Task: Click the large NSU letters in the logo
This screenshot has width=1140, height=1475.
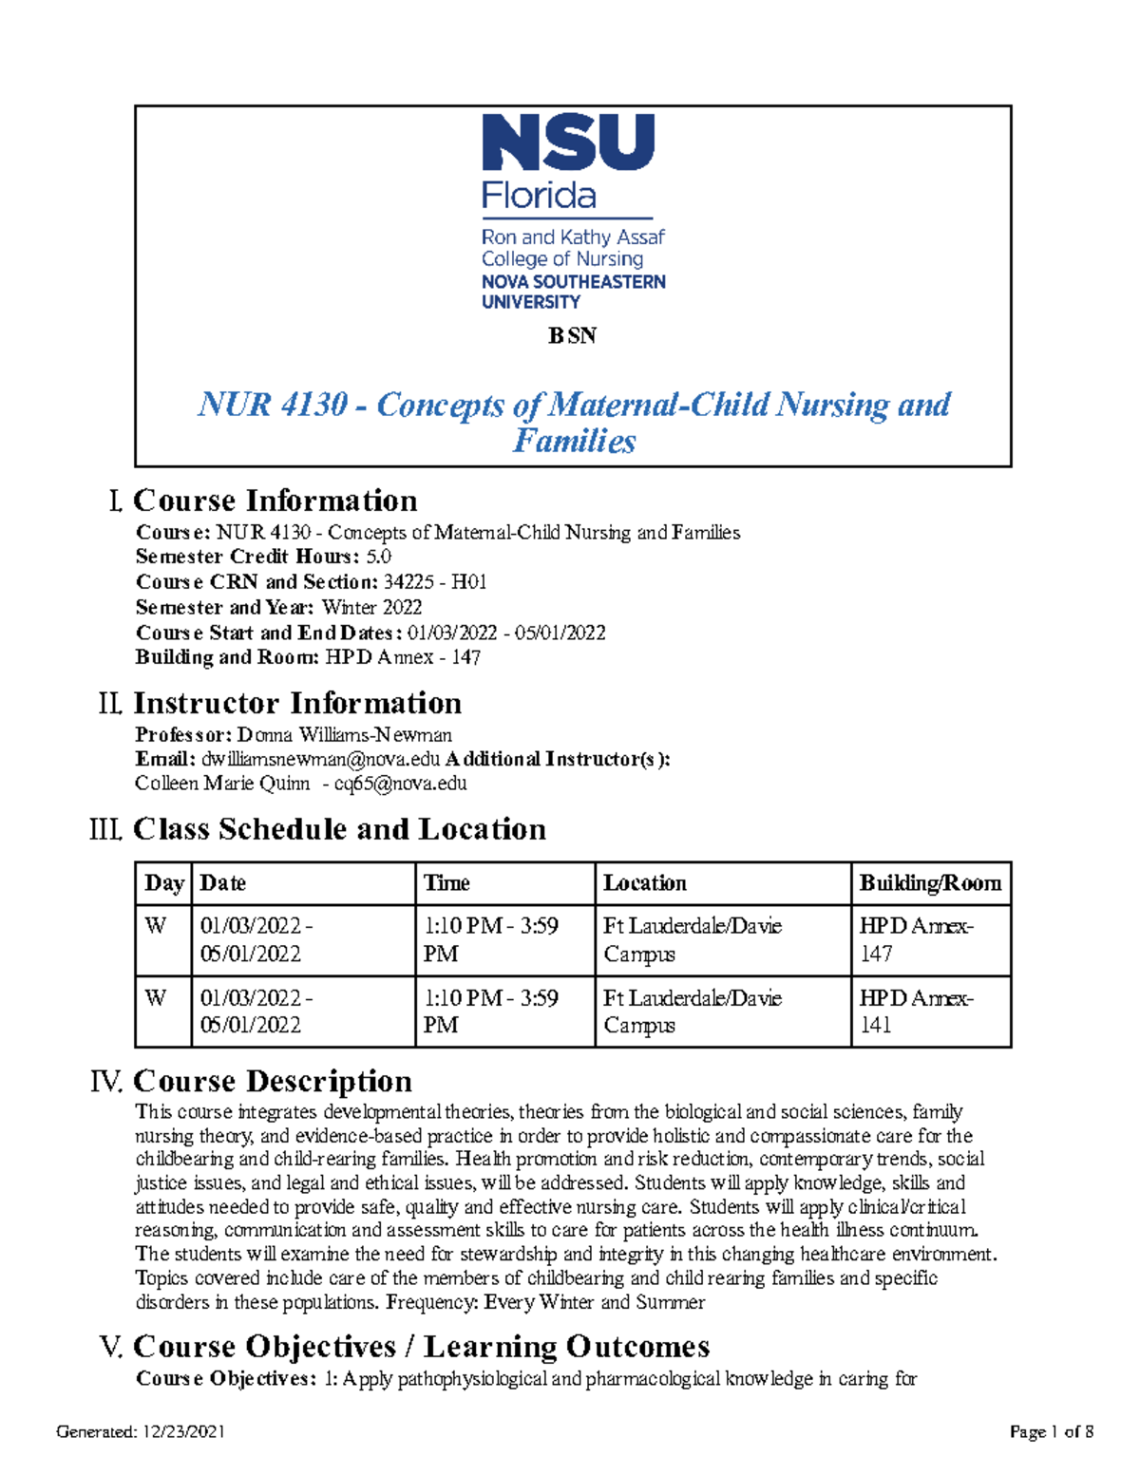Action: pyautogui.click(x=568, y=142)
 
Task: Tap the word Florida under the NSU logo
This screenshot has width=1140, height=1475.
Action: pyautogui.click(x=539, y=196)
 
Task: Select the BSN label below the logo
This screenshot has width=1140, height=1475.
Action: pyautogui.click(x=572, y=335)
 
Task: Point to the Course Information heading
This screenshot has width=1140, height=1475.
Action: pyautogui.click(x=275, y=501)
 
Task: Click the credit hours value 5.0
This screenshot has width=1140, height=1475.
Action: pyautogui.click(x=378, y=557)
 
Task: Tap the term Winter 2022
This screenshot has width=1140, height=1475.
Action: pyautogui.click(x=371, y=607)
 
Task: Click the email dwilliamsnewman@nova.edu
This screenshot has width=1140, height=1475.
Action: pyautogui.click(x=321, y=759)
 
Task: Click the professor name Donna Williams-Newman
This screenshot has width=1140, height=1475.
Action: pyautogui.click(x=344, y=734)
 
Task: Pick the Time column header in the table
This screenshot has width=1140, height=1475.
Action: pyautogui.click(x=446, y=883)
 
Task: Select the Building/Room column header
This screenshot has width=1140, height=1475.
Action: pyautogui.click(x=929, y=883)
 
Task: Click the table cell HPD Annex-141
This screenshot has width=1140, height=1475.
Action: pyautogui.click(x=915, y=1012)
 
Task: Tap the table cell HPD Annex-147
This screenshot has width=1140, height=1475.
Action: pyautogui.click(x=915, y=939)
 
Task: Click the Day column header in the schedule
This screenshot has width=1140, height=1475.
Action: pyautogui.click(x=163, y=883)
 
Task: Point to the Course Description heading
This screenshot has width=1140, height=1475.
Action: pyautogui.click(x=272, y=1081)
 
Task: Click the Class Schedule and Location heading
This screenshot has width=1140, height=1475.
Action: pyautogui.click(x=339, y=829)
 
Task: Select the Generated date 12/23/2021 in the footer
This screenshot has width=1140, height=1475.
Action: pyautogui.click(x=183, y=1431)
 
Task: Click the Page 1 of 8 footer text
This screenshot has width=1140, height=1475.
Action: pyautogui.click(x=1051, y=1431)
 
